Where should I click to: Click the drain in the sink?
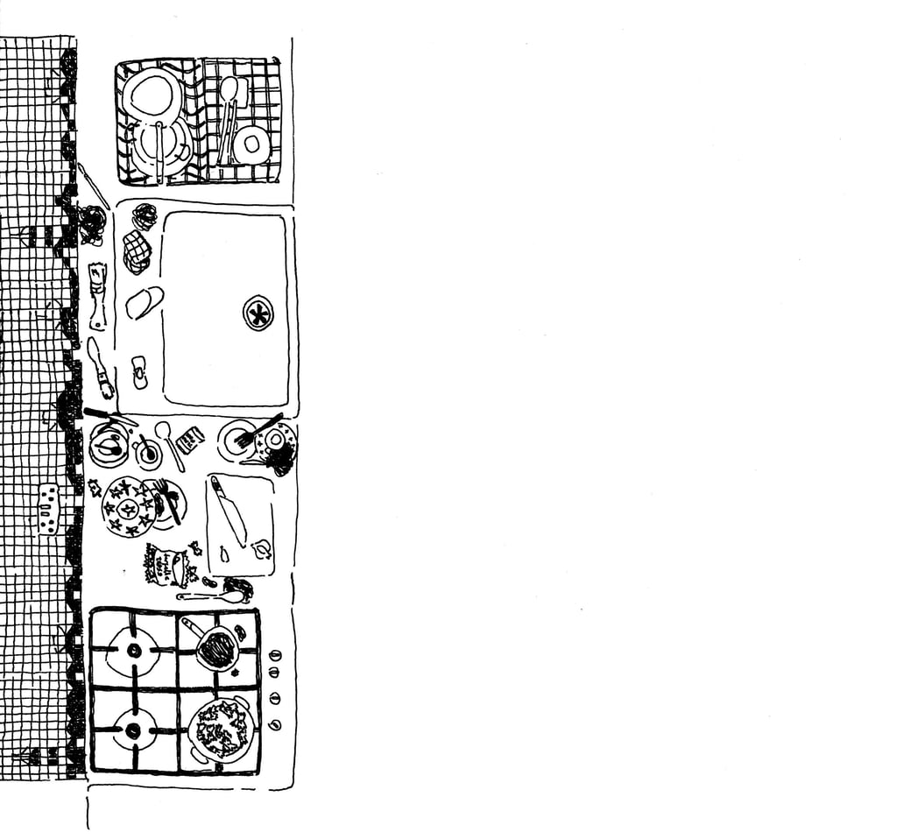click(x=258, y=313)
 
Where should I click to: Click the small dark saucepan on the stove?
click(x=217, y=649)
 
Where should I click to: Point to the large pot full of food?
click(x=222, y=728)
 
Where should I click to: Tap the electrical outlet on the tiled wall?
click(x=48, y=509)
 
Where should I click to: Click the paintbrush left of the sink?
click(x=99, y=366)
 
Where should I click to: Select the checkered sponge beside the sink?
click(x=136, y=250)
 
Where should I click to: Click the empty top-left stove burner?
click(x=134, y=651)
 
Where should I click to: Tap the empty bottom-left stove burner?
click(x=134, y=729)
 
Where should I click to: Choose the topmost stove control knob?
click(x=275, y=654)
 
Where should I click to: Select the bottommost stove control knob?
click(x=275, y=724)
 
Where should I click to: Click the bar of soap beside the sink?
click(x=144, y=302)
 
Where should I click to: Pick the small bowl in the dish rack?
click(x=251, y=145)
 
